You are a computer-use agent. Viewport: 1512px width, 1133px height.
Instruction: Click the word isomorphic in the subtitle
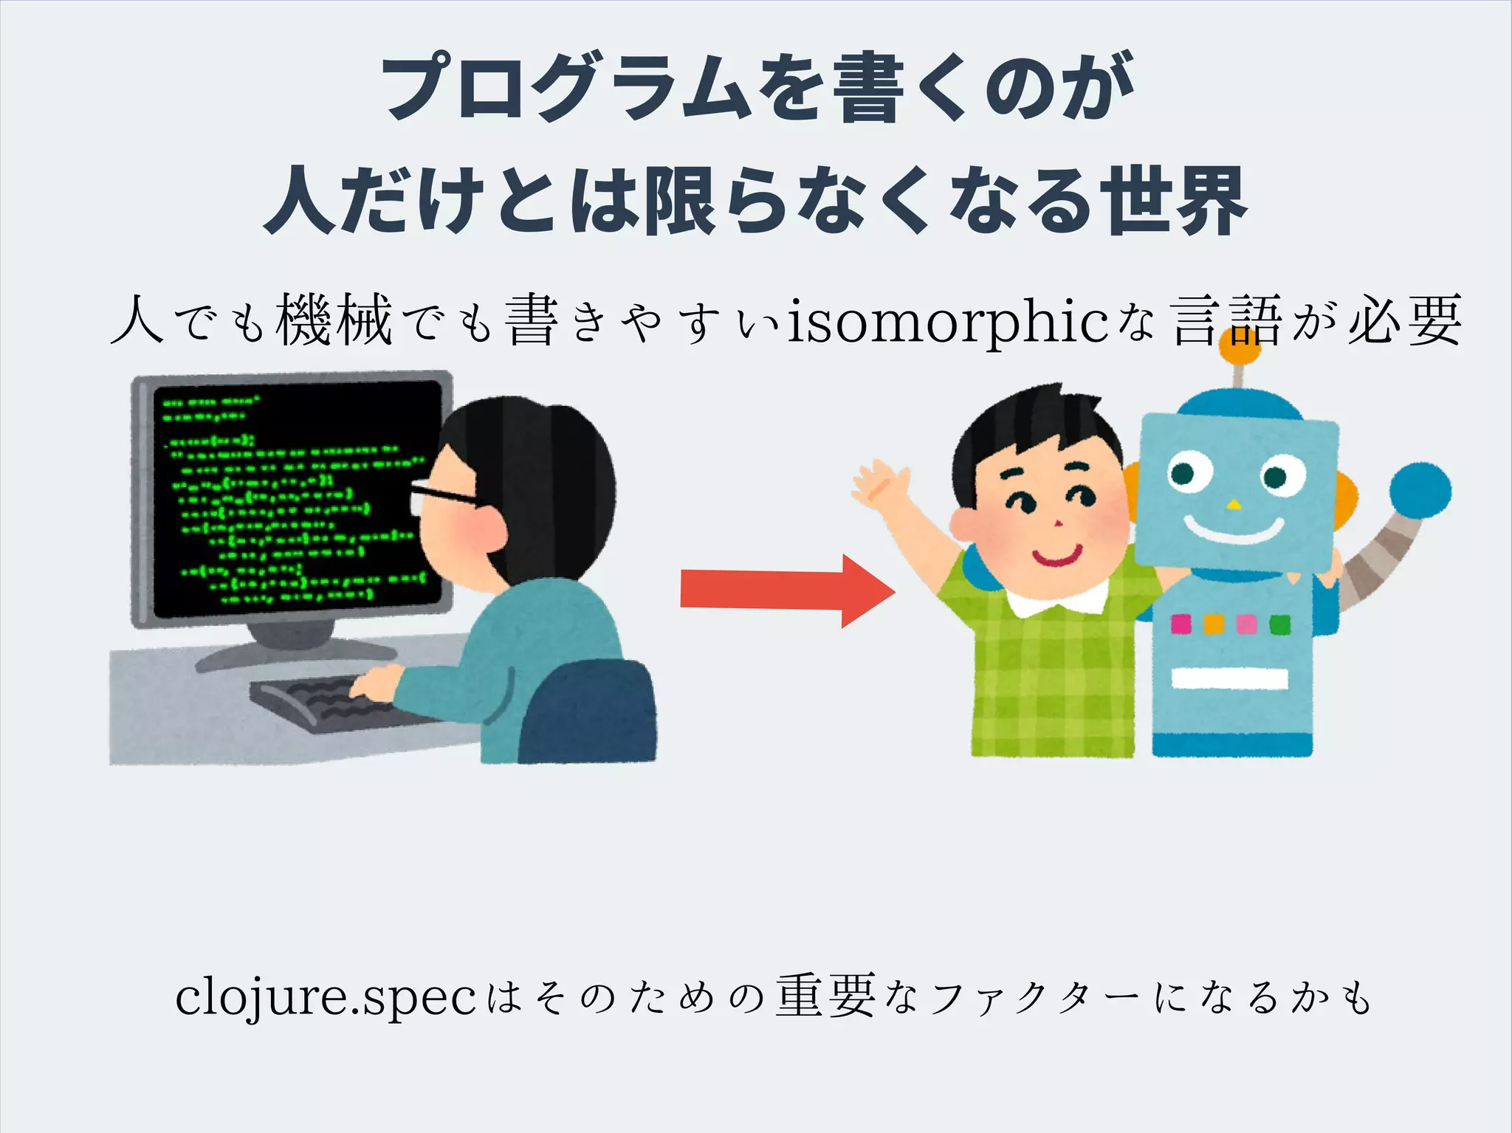coord(948,323)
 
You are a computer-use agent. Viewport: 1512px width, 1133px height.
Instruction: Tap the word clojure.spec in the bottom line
coord(326,998)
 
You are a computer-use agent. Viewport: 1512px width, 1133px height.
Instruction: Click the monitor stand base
coord(295,653)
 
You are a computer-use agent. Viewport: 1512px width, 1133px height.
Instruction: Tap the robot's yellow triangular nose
coord(1233,506)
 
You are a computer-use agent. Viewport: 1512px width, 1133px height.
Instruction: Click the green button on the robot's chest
coord(1279,625)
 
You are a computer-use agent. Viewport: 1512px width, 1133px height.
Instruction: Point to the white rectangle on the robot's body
coord(1230,678)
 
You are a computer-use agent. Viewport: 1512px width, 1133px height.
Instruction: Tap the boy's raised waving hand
coord(879,483)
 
